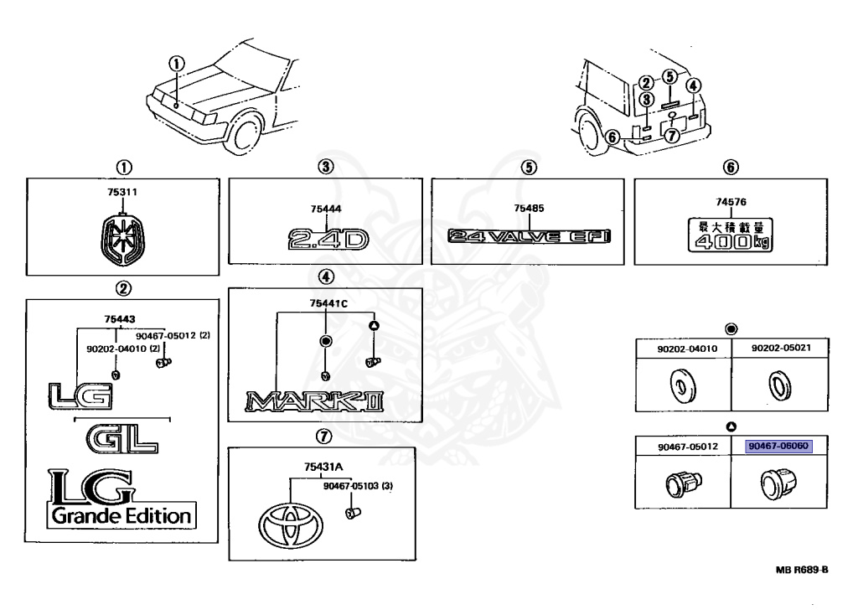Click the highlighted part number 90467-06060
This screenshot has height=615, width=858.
[778, 447]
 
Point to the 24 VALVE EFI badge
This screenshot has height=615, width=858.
[529, 237]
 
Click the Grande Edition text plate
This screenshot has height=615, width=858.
[122, 515]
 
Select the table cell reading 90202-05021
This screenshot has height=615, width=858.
[779, 348]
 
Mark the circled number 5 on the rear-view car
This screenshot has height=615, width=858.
[669, 77]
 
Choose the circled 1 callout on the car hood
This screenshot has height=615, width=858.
[176, 64]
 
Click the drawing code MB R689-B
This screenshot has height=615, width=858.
[803, 569]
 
